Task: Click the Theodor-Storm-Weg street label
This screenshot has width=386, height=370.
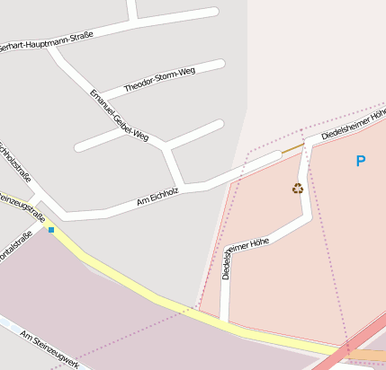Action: pos(159,79)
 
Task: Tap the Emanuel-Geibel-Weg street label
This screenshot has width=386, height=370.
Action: pos(119,115)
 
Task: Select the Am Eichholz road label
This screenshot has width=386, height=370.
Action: pos(157,198)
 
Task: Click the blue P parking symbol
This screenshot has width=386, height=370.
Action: pos(361,162)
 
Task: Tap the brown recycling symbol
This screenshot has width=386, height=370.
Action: pos(298,188)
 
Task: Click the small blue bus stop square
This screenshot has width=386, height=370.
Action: pos(51,230)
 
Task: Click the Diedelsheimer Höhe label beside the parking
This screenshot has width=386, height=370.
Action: pos(353,127)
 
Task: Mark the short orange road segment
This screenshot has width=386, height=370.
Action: pos(292,148)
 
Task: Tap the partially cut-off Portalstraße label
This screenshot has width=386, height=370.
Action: pos(15,247)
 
